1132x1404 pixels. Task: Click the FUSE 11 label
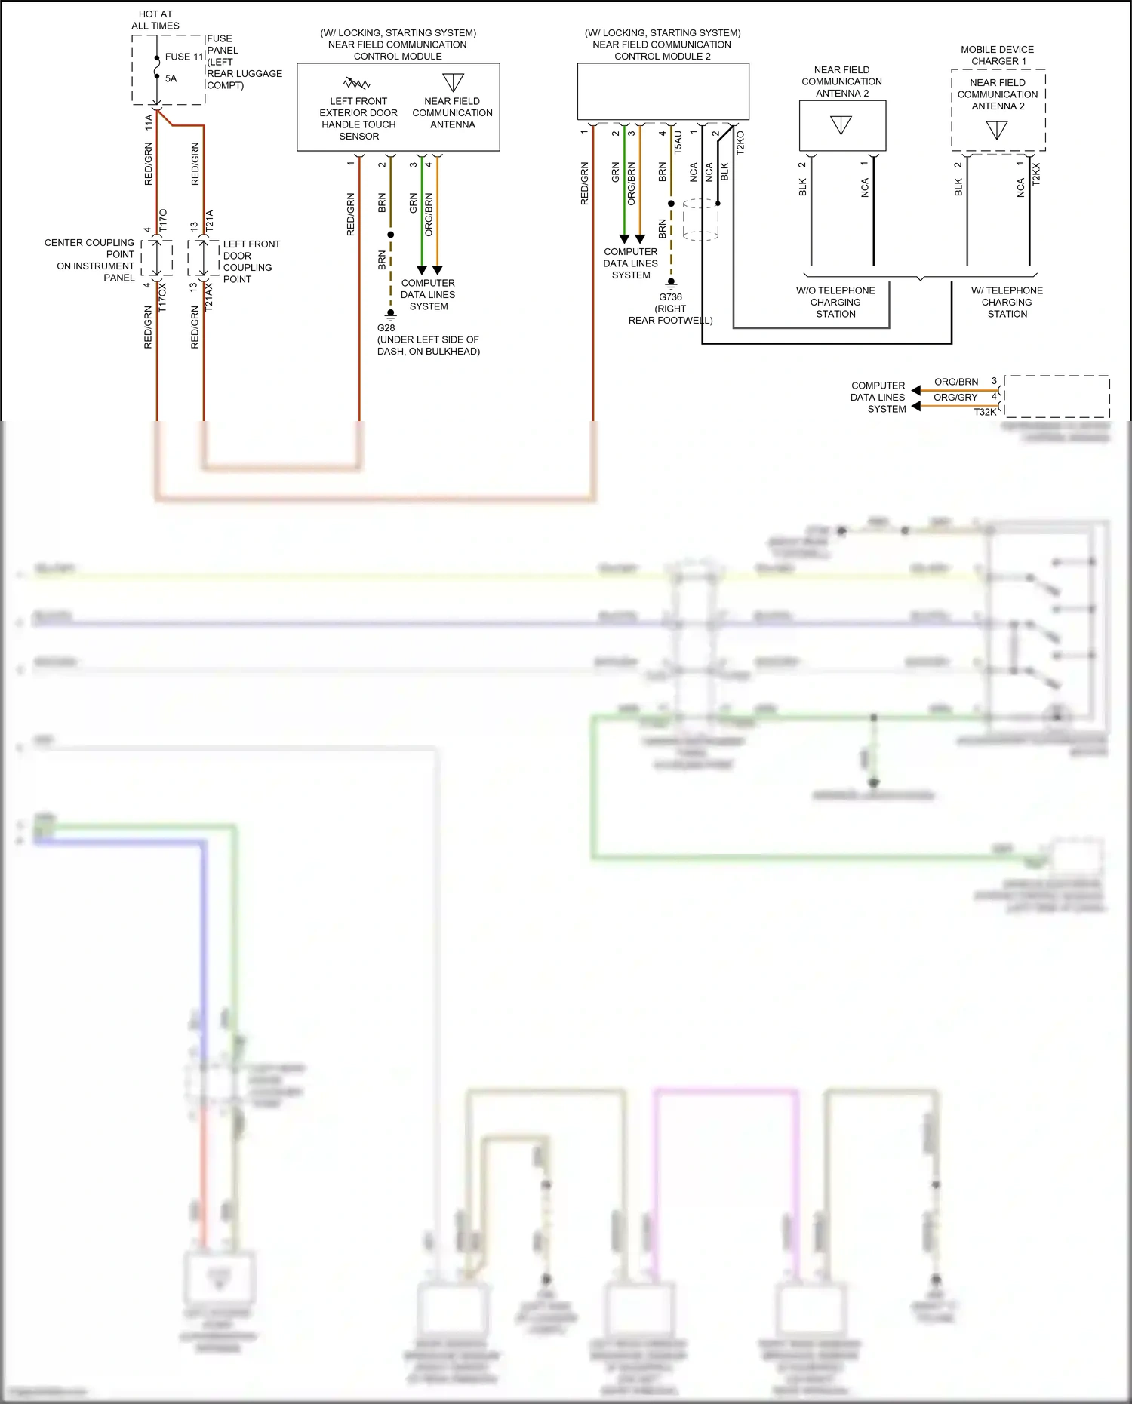click(184, 57)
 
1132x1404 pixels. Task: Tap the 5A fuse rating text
click(171, 78)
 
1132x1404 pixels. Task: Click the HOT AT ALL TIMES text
click(155, 20)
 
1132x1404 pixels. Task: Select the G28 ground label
click(386, 327)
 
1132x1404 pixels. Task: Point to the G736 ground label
click(670, 296)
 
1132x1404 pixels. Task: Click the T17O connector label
click(163, 221)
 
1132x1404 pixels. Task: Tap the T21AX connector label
click(209, 296)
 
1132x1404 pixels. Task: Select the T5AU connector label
click(678, 142)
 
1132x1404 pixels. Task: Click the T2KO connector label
click(740, 143)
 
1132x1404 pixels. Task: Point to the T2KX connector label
click(1036, 174)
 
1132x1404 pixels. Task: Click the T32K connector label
click(985, 412)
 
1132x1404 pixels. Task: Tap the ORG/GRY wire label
click(955, 397)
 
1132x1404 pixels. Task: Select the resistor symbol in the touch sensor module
click(357, 82)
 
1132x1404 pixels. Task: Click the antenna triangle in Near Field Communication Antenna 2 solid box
click(841, 124)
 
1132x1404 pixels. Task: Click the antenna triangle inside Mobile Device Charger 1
click(997, 130)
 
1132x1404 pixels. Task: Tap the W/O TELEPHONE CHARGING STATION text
click(835, 302)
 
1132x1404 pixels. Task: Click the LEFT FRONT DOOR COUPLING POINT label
click(251, 261)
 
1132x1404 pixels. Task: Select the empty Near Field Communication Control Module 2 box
click(663, 91)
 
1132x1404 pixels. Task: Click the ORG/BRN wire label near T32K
click(955, 382)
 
